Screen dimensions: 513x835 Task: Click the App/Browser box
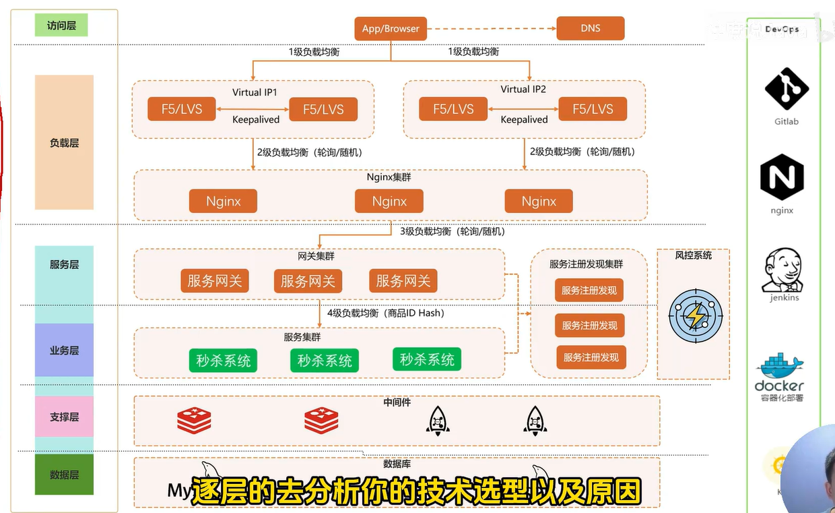pyautogui.click(x=391, y=28)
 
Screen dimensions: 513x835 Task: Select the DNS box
pyautogui.click(x=590, y=28)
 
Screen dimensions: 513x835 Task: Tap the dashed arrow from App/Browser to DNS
pyautogui.click(x=492, y=28)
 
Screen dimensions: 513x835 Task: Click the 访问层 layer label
pyautogui.click(x=61, y=26)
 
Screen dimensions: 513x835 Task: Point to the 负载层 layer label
pyautogui.click(x=64, y=142)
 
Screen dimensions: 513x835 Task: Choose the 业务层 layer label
pyautogui.click(x=64, y=351)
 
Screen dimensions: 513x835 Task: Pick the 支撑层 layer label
pyautogui.click(x=64, y=417)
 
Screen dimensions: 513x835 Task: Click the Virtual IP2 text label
pyautogui.click(x=523, y=89)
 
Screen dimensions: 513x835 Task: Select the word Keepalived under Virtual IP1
pyautogui.click(x=256, y=119)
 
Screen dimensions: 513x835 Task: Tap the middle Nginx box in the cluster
pyautogui.click(x=389, y=201)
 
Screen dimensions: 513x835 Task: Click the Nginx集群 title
pyautogui.click(x=389, y=177)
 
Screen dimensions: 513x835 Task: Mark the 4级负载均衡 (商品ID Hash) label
pyautogui.click(x=386, y=313)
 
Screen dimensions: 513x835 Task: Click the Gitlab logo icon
pyautogui.click(x=786, y=88)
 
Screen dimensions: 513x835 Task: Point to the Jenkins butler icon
pyautogui.click(x=784, y=270)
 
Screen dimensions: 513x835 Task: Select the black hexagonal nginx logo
pyautogui.click(x=782, y=177)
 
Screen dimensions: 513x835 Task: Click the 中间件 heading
pyautogui.click(x=397, y=402)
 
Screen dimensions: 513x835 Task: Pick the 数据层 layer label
pyautogui.click(x=64, y=475)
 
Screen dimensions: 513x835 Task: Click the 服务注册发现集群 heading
pyautogui.click(x=586, y=264)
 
